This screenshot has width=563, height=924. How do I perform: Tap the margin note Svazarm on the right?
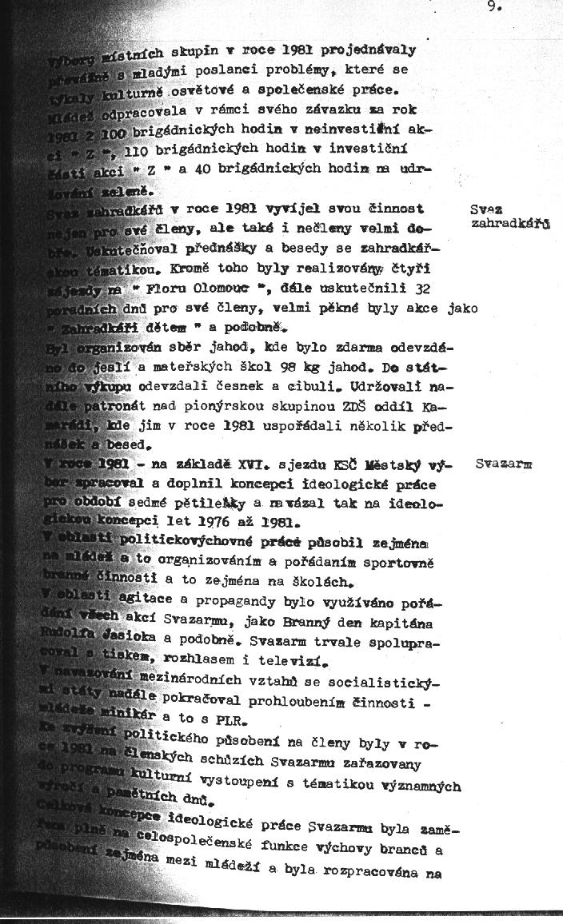tap(503, 463)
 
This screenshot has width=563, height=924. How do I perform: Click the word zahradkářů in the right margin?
tap(510, 225)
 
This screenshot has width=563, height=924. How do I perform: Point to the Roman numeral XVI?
tap(253, 465)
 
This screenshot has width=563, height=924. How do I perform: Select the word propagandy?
tap(246, 601)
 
